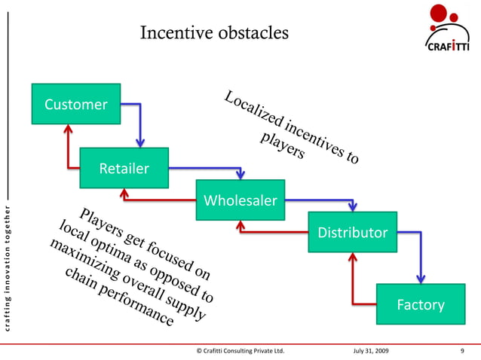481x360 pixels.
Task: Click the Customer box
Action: (75, 105)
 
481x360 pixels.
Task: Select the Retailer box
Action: (124, 167)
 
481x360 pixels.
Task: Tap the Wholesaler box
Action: (240, 200)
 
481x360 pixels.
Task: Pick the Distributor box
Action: (351, 232)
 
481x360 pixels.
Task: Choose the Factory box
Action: (420, 305)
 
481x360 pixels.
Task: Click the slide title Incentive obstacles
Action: (214, 34)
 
